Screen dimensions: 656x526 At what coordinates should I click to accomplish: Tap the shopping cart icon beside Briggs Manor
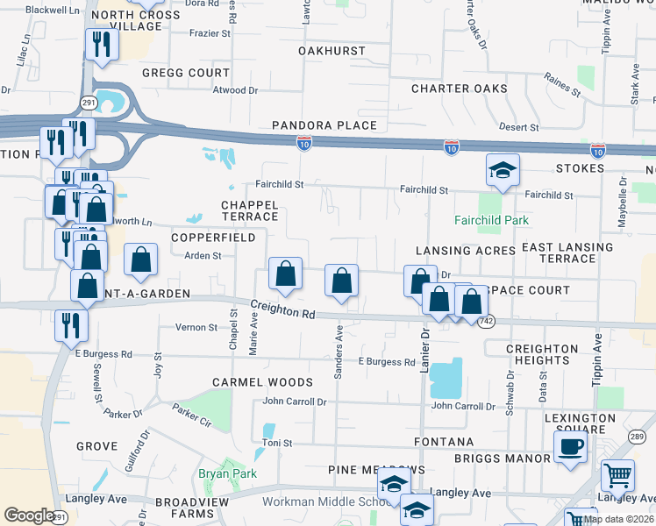(618, 476)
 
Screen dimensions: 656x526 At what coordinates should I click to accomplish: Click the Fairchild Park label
(491, 220)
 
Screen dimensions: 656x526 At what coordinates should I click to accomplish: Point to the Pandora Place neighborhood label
(324, 125)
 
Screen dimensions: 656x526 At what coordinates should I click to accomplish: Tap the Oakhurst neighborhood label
(332, 51)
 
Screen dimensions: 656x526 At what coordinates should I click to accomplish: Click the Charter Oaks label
(460, 89)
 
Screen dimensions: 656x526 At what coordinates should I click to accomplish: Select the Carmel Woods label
(262, 382)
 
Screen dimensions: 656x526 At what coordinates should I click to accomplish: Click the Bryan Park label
(226, 473)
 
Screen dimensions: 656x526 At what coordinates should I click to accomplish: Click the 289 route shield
(636, 437)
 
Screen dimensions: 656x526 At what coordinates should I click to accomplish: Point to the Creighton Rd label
(283, 309)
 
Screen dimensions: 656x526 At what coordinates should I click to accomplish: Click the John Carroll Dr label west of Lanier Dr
(295, 402)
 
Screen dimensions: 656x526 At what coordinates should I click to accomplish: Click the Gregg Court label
(185, 73)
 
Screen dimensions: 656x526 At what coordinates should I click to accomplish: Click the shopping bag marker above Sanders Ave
(341, 282)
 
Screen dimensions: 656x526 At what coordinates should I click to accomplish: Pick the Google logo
(28, 515)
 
